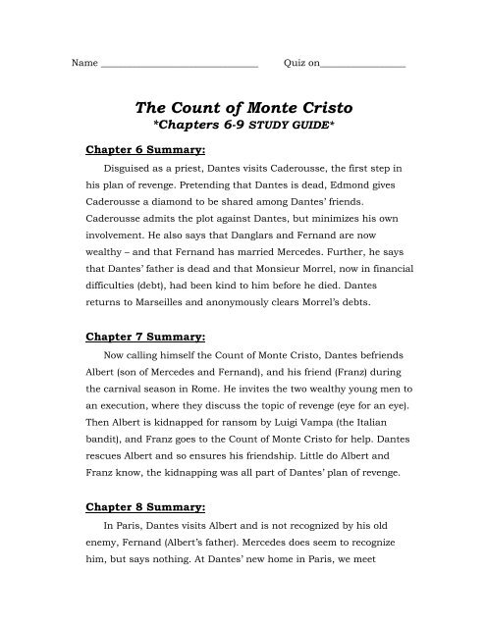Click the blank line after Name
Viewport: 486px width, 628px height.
(x=179, y=64)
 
